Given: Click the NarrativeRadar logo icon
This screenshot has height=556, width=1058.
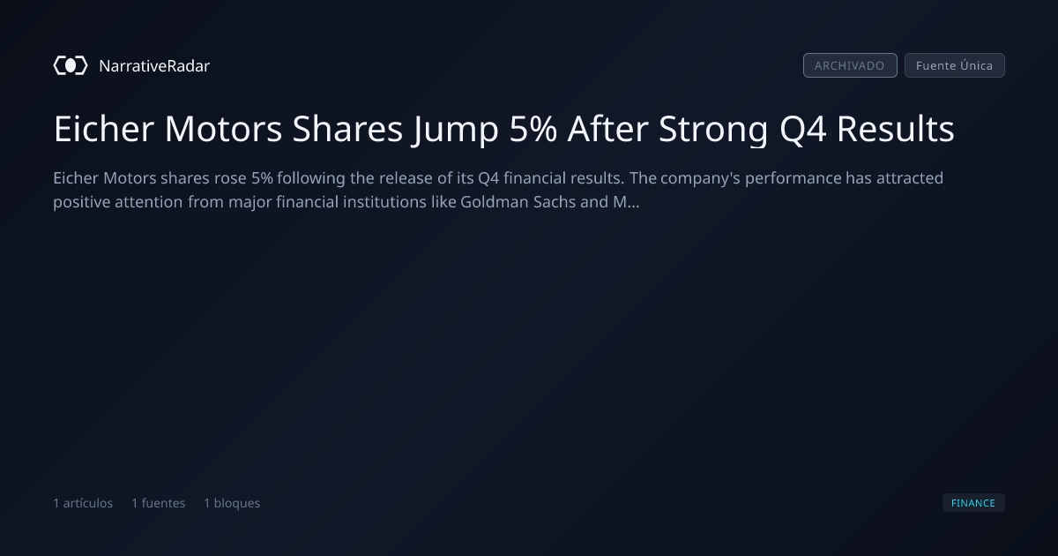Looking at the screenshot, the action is [x=71, y=65].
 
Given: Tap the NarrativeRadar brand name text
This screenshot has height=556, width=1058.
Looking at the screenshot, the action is [x=154, y=65].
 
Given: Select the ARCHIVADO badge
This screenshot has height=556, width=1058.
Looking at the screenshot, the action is [x=850, y=65].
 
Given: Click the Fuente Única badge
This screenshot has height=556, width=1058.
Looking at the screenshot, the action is [x=955, y=65].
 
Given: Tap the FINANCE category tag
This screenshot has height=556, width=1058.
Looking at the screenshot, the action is [x=973, y=502].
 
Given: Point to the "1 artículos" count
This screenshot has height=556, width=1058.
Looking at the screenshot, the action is [x=83, y=503].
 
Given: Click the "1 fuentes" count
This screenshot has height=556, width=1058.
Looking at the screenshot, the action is [x=158, y=503].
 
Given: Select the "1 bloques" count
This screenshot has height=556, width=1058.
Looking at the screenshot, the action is [x=232, y=503].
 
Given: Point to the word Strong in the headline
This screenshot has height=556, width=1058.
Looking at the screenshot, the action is [x=713, y=130].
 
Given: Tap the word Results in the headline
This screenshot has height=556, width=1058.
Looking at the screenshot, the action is [x=896, y=129].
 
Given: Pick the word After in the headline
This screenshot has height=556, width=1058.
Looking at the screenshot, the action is [x=607, y=129].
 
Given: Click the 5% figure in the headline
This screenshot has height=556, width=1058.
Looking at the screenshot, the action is [x=533, y=129].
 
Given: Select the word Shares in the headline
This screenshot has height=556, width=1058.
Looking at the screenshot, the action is [x=347, y=129].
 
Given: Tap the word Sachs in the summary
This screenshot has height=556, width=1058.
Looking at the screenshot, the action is [x=555, y=202].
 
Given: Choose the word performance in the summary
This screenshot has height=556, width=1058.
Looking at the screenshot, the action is [x=793, y=178].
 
